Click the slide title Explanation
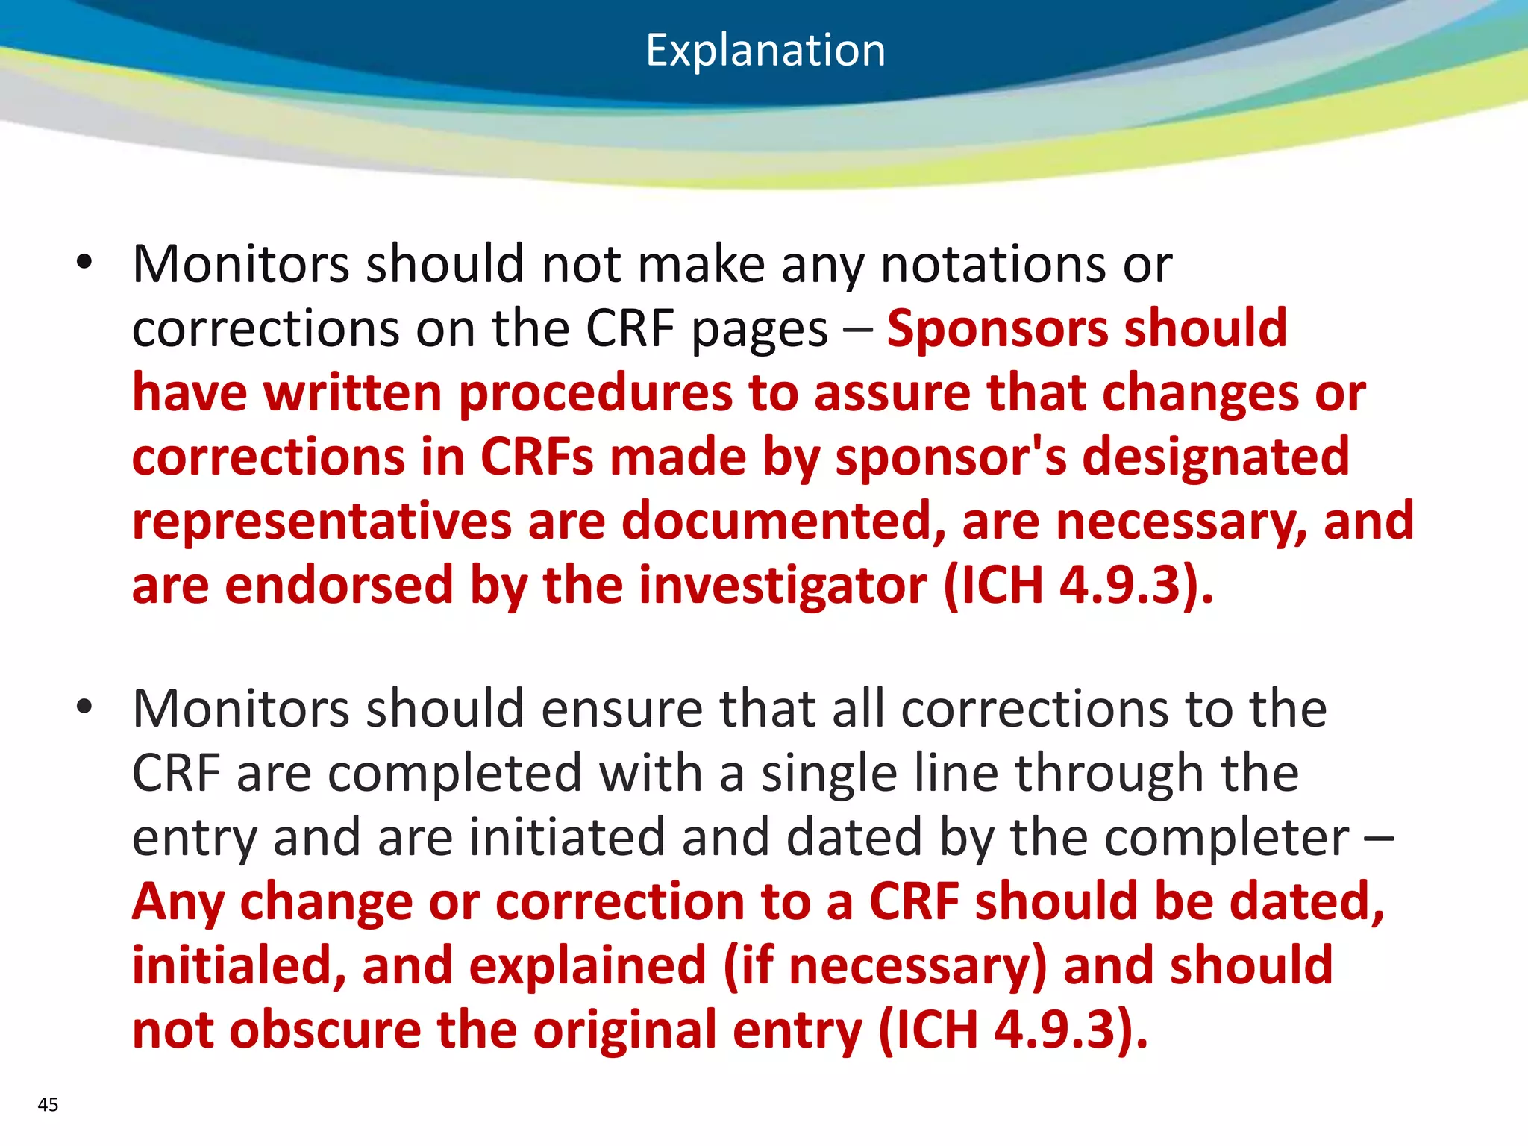pos(765,51)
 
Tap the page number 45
pos(48,1104)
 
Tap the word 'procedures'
pos(595,393)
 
